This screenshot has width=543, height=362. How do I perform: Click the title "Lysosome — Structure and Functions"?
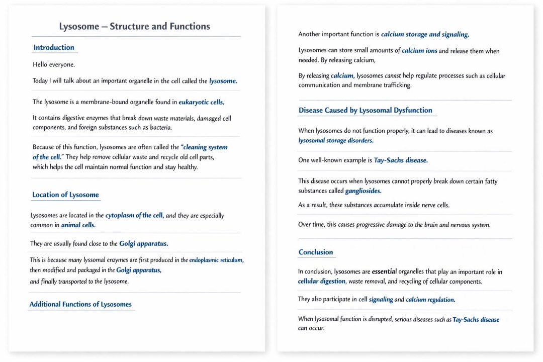pos(135,27)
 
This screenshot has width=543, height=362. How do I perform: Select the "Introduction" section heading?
pos(54,48)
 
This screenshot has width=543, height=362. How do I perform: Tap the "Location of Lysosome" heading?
pos(65,195)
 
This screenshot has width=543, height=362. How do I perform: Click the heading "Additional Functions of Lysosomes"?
pos(80,304)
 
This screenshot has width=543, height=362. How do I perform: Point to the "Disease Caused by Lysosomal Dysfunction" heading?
pos(365,111)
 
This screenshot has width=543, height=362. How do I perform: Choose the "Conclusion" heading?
pos(316,252)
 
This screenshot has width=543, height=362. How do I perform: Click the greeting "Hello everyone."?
pos(54,65)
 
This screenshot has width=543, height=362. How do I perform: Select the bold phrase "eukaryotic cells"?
pos(201,102)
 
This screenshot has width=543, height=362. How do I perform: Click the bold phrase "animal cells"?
pos(78,225)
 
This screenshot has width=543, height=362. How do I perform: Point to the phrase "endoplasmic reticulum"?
pos(216,260)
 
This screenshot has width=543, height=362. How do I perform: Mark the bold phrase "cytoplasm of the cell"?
pos(134,216)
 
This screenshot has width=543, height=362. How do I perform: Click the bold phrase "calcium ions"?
pos(419,51)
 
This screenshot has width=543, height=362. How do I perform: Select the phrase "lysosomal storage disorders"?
pos(335,141)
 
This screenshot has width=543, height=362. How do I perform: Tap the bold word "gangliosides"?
pos(363,191)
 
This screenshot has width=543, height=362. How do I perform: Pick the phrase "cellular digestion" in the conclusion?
pos(322,282)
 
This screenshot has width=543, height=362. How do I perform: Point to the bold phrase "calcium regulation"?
pos(430,300)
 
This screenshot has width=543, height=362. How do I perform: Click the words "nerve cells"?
pos(433,205)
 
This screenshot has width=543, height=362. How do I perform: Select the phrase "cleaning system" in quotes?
pos(206,147)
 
